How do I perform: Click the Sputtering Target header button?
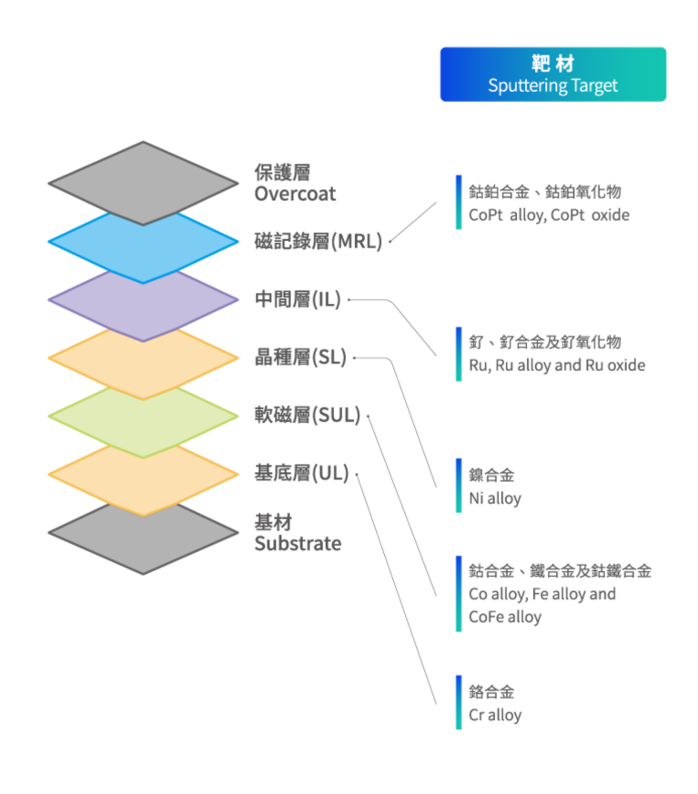pos(553,75)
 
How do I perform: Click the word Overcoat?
pos(295,194)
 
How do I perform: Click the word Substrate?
pos(298,544)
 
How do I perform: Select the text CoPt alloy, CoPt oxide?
pos(549,216)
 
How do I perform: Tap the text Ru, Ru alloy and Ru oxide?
pos(557,365)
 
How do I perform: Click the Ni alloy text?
pos(495,498)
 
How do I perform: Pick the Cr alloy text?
pos(495,715)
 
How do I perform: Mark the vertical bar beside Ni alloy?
pos(459,486)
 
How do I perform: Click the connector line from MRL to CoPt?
pos(414,223)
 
